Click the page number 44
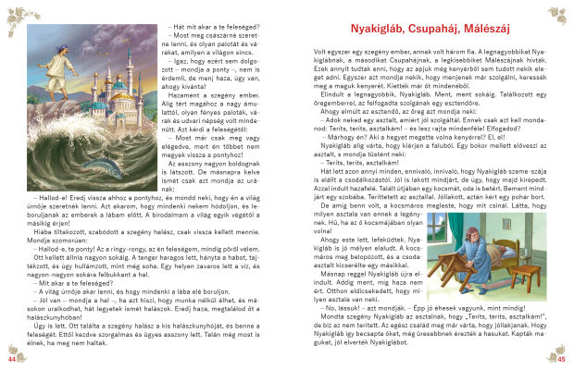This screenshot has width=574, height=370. (x=11, y=358)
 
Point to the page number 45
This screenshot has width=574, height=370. (x=562, y=358)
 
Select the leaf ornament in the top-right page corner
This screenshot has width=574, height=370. (x=560, y=13)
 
